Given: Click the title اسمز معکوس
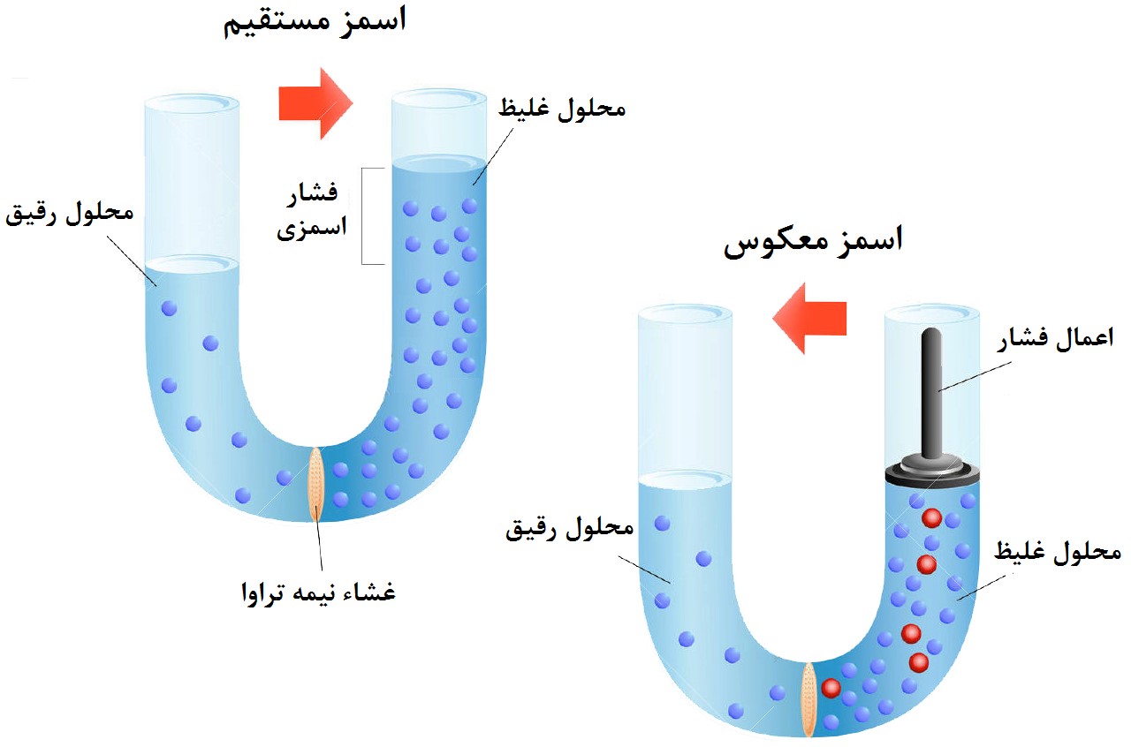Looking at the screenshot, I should point(814,242).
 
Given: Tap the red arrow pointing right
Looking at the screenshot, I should point(315,103).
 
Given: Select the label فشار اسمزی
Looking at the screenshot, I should point(312,211).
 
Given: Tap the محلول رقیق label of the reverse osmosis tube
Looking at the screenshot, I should point(571,529).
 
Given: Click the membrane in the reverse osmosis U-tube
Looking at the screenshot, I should point(808,700).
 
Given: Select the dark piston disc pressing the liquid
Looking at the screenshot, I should point(932,473).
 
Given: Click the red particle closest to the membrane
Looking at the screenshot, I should point(830,688).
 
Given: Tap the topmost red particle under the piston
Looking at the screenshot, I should point(930,517).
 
